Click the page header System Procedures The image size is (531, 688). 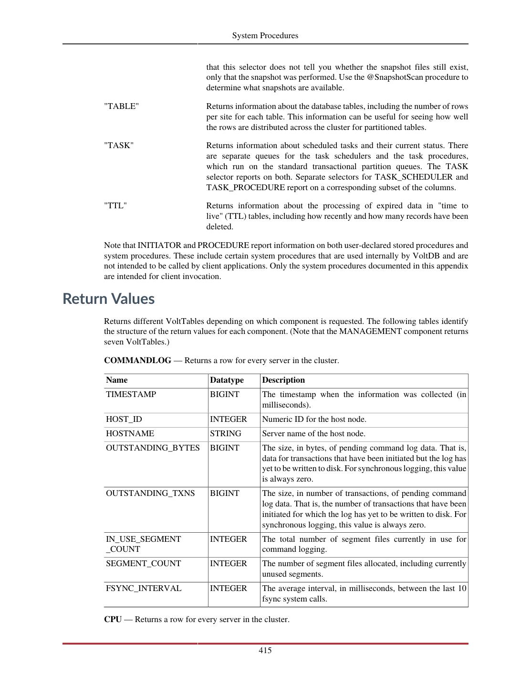coord(265,35)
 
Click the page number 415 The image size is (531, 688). coord(265,650)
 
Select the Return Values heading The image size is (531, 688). coord(109,299)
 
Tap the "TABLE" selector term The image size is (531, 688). coord(122,107)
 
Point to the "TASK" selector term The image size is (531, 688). coord(119,146)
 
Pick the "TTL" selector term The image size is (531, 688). coord(115,206)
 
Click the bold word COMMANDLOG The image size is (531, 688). coord(137,361)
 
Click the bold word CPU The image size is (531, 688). coord(113,620)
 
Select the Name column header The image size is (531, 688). coord(117,380)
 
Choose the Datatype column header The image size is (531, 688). coord(227,380)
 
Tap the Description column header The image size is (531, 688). coord(283,380)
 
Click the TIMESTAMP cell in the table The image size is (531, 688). coord(131,395)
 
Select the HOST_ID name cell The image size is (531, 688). coord(124,419)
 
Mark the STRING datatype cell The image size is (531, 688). coord(226,434)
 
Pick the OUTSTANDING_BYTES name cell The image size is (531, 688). coord(153,448)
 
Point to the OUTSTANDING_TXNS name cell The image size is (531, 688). coord(150,494)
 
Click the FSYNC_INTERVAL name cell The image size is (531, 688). coord(144,589)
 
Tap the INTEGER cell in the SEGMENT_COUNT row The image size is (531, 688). coord(229,564)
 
